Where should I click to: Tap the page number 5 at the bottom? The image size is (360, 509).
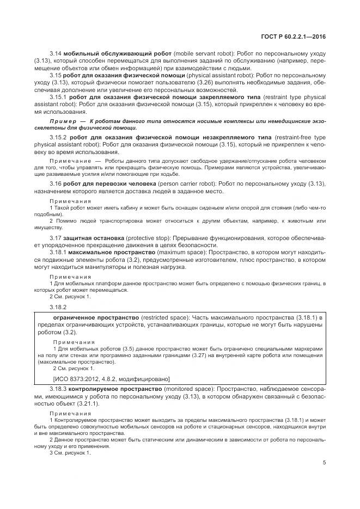click(324, 464)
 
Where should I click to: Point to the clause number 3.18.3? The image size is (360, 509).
click(58, 391)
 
